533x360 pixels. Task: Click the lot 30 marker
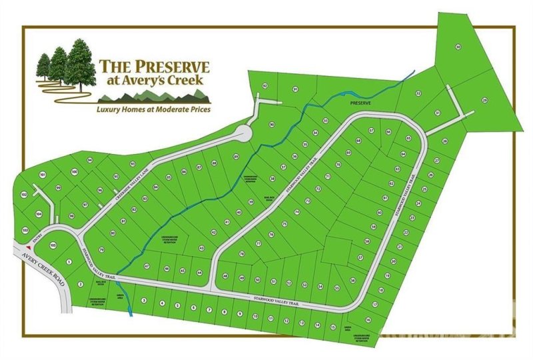(x=458, y=47)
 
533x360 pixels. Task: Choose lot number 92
(x=265, y=86)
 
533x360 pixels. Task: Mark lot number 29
(x=484, y=100)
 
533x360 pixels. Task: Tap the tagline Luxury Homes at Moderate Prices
(x=153, y=107)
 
